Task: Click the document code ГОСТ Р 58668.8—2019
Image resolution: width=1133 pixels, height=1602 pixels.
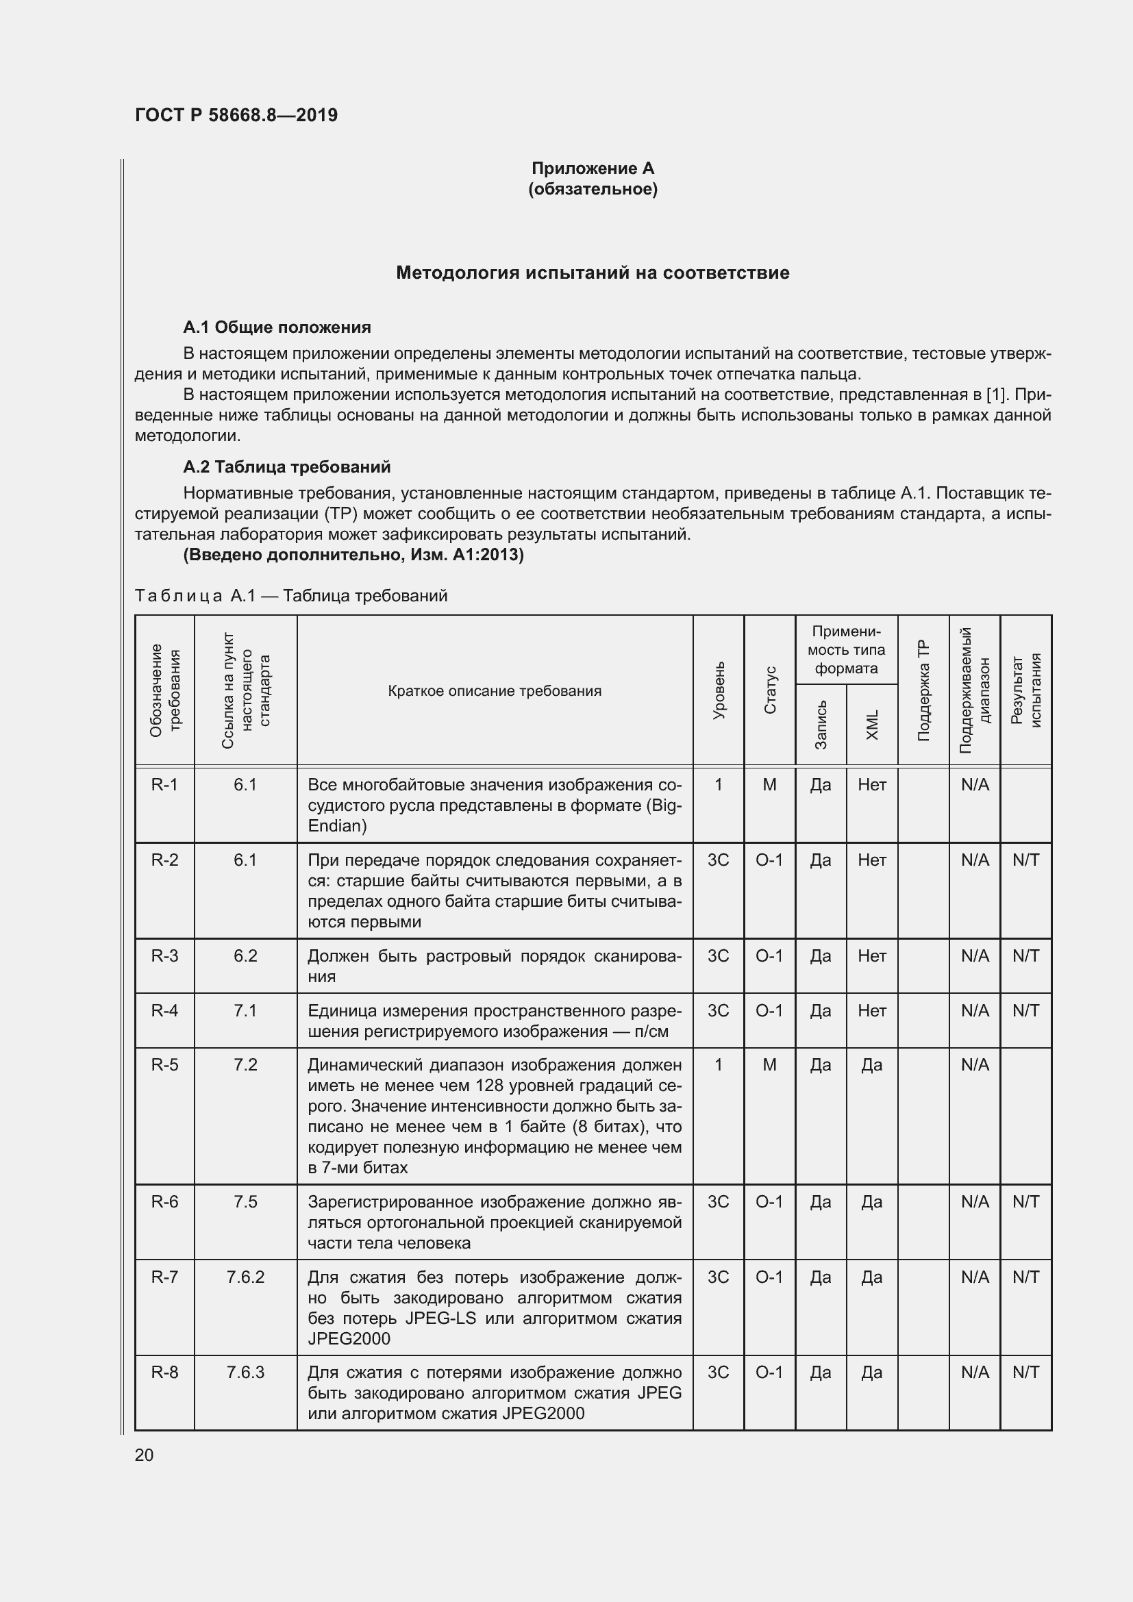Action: [x=236, y=115]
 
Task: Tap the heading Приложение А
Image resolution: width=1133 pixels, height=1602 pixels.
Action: [x=593, y=168]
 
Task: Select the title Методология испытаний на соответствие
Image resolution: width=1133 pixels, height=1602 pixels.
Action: [x=593, y=273]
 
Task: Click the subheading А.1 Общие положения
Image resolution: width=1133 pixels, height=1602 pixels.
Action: [x=277, y=327]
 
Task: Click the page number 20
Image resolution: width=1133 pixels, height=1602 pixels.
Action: [x=144, y=1455]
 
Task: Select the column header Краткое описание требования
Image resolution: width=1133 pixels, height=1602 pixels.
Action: [x=494, y=691]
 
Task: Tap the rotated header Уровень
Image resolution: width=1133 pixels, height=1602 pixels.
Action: [x=719, y=691]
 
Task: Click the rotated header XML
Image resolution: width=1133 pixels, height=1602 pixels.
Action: [x=872, y=725]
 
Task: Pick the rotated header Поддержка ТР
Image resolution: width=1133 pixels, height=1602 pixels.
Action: [x=923, y=691]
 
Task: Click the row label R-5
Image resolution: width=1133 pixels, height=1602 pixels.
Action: [x=164, y=1065]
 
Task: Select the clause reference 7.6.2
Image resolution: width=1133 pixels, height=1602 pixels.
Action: [x=246, y=1277]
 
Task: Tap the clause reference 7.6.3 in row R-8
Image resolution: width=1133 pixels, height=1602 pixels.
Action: [x=246, y=1373]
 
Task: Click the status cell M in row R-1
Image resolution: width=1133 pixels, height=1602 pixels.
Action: [x=769, y=785]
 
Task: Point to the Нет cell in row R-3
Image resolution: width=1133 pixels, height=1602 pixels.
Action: [x=872, y=956]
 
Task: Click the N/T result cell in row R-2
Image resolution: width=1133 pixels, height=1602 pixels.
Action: [x=1025, y=860]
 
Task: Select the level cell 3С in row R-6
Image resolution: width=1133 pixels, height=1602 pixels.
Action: [x=719, y=1201]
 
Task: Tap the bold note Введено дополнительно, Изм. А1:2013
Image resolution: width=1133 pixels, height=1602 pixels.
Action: [x=353, y=555]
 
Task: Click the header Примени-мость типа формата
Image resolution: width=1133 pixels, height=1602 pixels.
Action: [x=846, y=649]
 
